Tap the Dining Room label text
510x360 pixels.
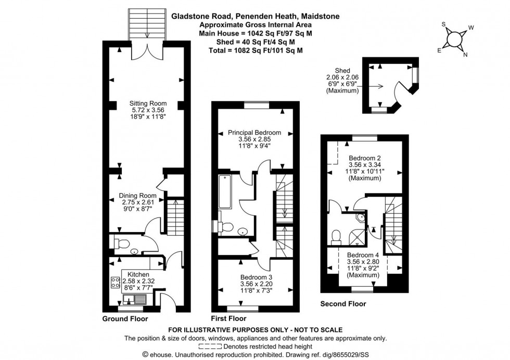139,196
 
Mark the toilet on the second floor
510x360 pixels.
336,237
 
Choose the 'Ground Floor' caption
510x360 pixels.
125,319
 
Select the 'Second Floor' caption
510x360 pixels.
343,304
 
